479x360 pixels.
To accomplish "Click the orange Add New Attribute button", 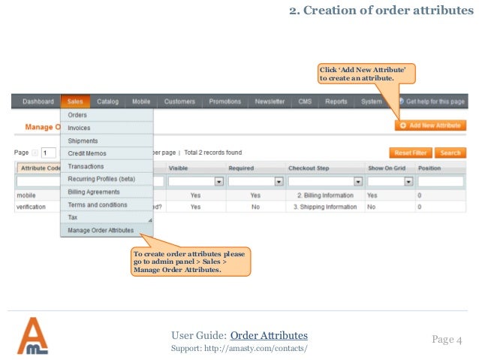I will pos(430,125).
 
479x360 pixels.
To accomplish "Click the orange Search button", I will pos(450,153).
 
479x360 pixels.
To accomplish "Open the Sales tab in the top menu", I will pos(74,101).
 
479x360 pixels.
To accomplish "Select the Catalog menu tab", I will pos(107,101).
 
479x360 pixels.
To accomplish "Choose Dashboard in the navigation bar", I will pos(38,101).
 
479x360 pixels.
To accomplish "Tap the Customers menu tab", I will pos(179,101).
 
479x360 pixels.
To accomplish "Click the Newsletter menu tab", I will pos(270,101).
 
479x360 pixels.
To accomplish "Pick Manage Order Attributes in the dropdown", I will pos(101,230).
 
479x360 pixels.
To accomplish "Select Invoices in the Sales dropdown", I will pos(79,128).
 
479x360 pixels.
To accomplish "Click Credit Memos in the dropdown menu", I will pos(87,153).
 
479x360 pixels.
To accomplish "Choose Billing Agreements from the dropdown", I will pos(94,192).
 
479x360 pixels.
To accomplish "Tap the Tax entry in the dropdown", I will pos(73,217).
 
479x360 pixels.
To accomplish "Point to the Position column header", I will pos(429,168).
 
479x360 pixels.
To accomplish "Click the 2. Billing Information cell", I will pos(325,194).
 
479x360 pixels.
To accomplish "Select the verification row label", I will pos(32,206).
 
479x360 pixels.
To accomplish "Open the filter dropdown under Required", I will pos(278,181).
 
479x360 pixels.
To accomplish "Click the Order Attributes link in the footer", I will pos(269,335).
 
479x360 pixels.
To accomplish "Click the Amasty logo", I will pos(32,336).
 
